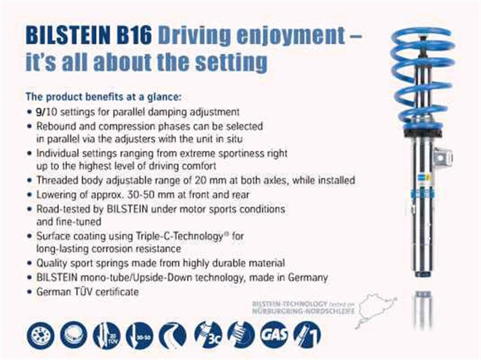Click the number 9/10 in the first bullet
click(x=43, y=112)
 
